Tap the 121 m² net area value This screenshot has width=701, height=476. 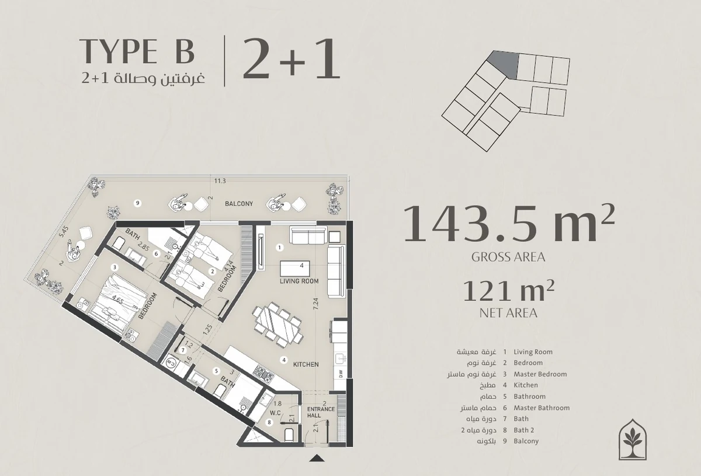(509, 291)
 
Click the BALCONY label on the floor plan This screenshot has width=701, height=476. (239, 204)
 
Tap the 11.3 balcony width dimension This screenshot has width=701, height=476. (220, 181)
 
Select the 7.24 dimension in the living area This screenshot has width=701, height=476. (315, 304)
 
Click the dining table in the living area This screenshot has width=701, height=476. (277, 325)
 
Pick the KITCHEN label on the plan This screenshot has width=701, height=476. (306, 364)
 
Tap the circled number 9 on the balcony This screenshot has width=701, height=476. (137, 203)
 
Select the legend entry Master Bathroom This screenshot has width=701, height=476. (542, 408)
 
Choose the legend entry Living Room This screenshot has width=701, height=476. (533, 352)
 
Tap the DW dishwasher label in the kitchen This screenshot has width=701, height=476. (341, 374)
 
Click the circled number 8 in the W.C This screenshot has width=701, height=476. (269, 422)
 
